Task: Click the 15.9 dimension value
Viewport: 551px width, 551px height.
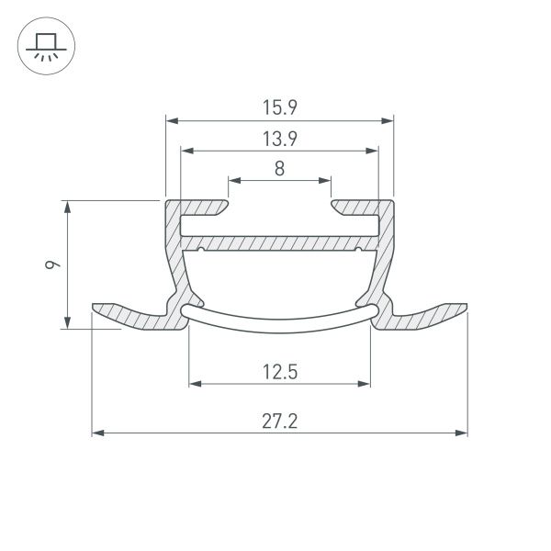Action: coord(279,107)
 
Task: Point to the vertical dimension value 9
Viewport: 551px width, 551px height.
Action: coord(53,264)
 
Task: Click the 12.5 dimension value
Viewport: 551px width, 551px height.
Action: coord(279,372)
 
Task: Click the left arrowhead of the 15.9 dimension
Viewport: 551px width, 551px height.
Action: coord(170,120)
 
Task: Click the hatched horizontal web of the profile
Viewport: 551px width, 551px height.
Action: coord(279,243)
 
